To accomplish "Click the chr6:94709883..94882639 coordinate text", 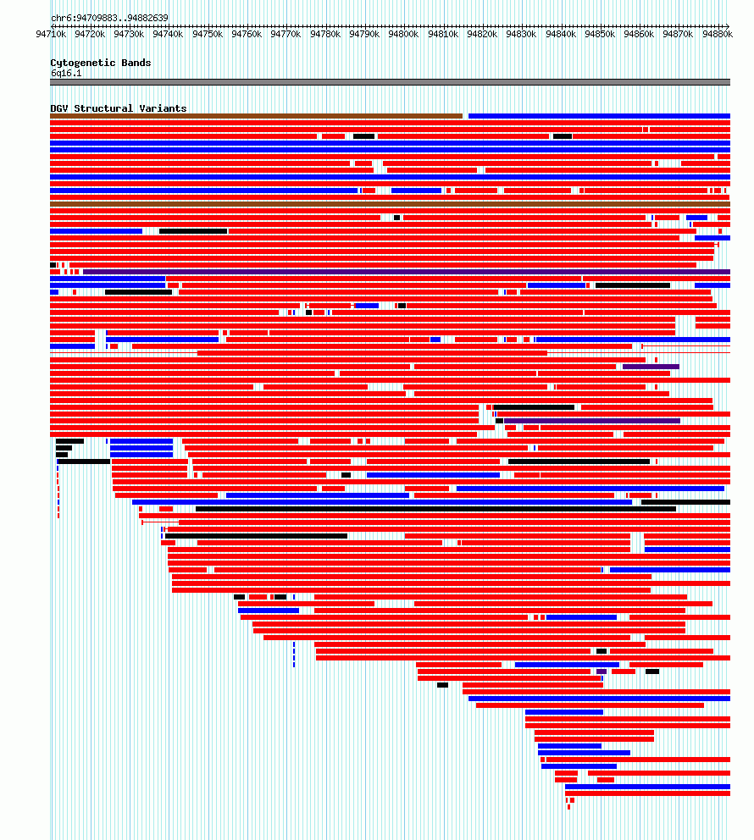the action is [x=109, y=18].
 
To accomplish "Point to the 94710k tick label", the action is [x=51, y=34].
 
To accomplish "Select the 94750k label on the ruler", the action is [x=208, y=34].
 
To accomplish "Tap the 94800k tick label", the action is [x=403, y=34].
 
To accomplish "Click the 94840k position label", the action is [x=561, y=34].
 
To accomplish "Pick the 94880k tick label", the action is [x=718, y=34].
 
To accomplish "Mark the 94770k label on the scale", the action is [x=286, y=34].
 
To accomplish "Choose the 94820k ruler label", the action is [x=482, y=34].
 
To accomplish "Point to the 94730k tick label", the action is [x=129, y=34].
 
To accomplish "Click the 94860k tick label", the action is [x=639, y=34].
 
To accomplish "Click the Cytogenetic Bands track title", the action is [x=101, y=63].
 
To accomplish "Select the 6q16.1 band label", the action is [x=66, y=74].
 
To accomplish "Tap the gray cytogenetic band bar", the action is [x=390, y=82].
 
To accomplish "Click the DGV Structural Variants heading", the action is [x=119, y=108].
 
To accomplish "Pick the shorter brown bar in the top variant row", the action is [x=256, y=116].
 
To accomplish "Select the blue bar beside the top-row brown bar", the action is [x=599, y=116].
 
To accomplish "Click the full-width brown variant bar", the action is [x=390, y=204].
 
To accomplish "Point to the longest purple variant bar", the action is [x=407, y=272].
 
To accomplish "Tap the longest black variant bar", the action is [x=435, y=509].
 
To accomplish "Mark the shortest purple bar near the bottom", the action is [x=602, y=671].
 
